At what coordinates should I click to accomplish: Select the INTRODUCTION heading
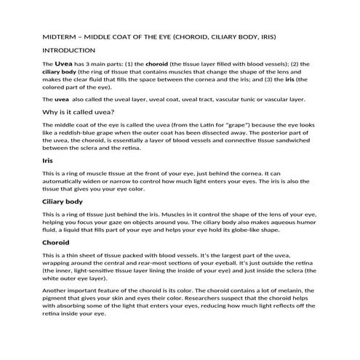click(x=69, y=50)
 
